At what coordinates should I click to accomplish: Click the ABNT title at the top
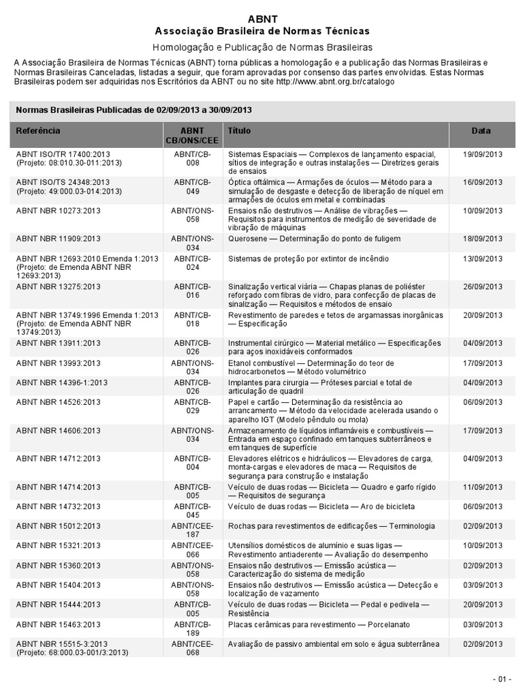click(262, 18)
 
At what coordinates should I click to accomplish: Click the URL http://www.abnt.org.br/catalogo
click(335, 81)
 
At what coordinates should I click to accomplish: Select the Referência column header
click(38, 130)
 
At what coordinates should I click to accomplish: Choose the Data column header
click(481, 130)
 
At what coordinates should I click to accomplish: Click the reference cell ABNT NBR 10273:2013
click(58, 211)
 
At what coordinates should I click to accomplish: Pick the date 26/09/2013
click(482, 287)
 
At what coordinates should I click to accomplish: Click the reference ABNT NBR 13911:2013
click(58, 344)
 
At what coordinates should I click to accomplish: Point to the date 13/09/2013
click(482, 259)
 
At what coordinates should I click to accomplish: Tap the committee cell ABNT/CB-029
click(193, 406)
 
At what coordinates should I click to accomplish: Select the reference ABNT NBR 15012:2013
click(58, 526)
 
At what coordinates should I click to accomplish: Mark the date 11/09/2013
click(482, 488)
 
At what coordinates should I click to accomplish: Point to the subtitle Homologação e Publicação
click(262, 47)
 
